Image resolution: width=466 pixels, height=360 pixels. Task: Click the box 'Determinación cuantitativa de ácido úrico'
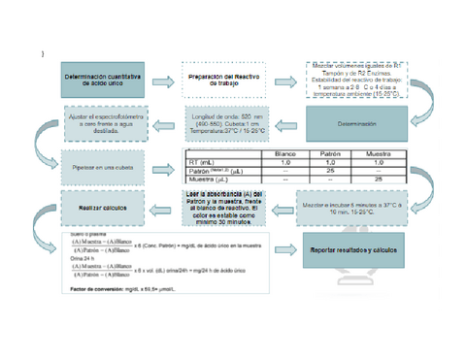click(x=101, y=81)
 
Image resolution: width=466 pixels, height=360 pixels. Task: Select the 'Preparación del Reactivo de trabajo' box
click(x=226, y=81)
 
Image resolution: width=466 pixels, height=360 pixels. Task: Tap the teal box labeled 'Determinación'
click(x=356, y=124)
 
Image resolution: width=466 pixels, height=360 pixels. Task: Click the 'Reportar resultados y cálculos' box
click(x=352, y=250)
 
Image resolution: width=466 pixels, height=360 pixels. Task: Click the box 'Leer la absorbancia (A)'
click(x=224, y=208)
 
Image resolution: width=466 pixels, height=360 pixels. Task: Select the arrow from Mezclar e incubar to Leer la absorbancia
click(x=282, y=209)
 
